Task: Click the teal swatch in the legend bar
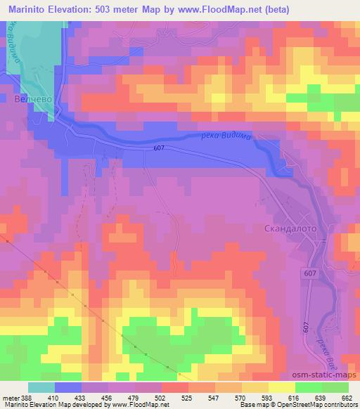pos(41,387)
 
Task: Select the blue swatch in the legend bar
pos(68,387)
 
